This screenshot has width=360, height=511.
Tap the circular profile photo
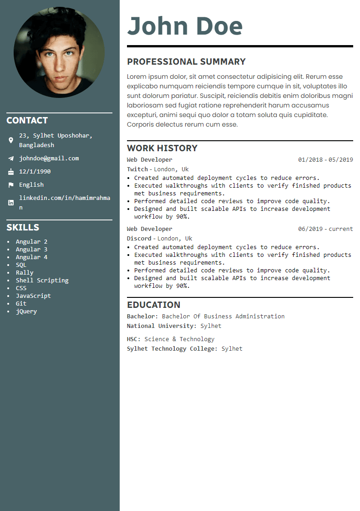coord(59,52)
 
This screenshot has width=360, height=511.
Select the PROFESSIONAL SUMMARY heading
coord(186,61)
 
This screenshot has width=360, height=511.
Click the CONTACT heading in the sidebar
coord(27,120)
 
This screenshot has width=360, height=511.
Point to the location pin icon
coord(11,140)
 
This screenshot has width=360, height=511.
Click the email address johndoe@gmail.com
coord(49,158)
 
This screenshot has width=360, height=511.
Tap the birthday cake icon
coord(11,172)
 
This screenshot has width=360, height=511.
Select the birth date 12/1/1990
coord(35,172)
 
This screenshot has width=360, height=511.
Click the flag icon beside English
coord(11,185)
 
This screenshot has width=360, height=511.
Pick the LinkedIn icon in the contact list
coord(11,203)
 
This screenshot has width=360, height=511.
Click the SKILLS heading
coord(23,227)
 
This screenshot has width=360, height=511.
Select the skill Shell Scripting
coord(42,281)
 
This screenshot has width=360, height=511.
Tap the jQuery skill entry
coord(26,312)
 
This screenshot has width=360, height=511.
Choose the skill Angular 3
coord(31,250)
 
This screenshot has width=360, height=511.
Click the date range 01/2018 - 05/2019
coord(325,160)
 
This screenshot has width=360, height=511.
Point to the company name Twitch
coord(137,169)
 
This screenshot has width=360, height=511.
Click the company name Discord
coord(139,239)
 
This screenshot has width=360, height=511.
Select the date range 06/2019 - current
coord(325,229)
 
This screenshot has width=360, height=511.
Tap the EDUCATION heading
coord(153,305)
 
